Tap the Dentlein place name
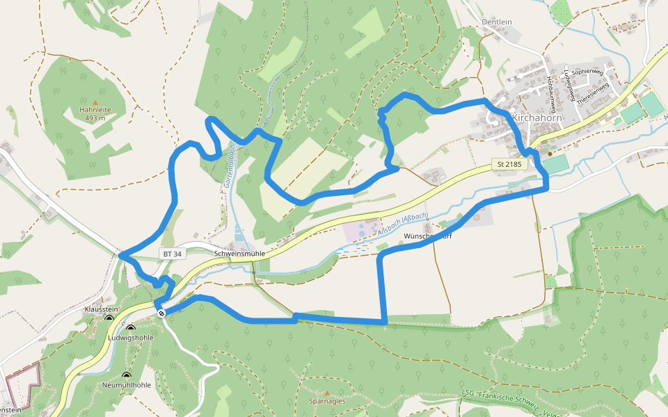[496, 22]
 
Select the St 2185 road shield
[508, 164]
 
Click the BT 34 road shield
[173, 254]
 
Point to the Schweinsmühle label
[239, 254]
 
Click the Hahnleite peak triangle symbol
[95, 102]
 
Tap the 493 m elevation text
[95, 118]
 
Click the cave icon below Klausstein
[109, 318]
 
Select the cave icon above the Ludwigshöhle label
[130, 328]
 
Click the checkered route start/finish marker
[161, 313]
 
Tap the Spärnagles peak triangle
[326, 393]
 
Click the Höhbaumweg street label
[552, 94]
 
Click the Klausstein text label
[102, 309]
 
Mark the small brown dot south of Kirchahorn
[550, 153]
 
